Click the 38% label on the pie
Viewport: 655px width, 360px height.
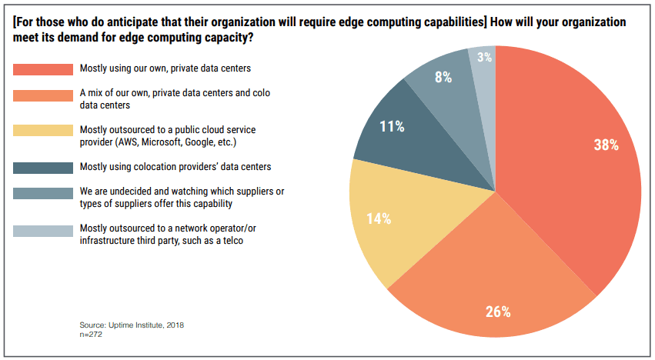click(x=606, y=145)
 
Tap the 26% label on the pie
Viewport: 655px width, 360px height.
click(x=498, y=312)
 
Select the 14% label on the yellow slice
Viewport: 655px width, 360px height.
click(x=378, y=218)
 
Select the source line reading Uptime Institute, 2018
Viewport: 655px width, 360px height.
click(x=132, y=325)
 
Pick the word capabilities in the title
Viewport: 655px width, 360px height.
click(x=446, y=22)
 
